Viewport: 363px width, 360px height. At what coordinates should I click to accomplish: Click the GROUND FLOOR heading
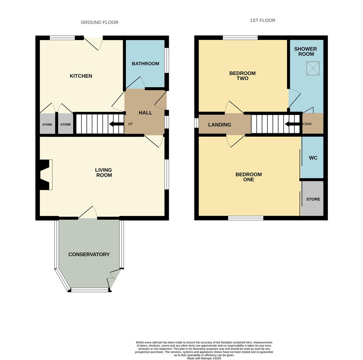click(x=100, y=22)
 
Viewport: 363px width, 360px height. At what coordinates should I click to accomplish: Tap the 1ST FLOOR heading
click(x=262, y=20)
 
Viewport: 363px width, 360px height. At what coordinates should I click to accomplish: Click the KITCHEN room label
click(x=81, y=76)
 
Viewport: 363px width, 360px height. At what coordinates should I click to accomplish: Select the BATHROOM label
click(x=145, y=64)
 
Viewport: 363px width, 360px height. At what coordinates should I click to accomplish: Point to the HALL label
click(x=145, y=113)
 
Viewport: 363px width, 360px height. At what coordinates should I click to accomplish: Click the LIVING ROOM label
click(x=104, y=173)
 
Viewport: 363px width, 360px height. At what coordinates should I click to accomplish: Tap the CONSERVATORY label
click(x=89, y=254)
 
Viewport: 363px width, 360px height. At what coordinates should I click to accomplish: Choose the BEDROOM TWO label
click(x=242, y=76)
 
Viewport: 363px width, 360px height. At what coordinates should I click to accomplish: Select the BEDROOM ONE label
click(x=248, y=177)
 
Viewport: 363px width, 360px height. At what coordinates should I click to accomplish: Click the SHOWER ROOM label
click(x=306, y=51)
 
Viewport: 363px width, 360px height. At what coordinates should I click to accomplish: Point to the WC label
click(x=313, y=158)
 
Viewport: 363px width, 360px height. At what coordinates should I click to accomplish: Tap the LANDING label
click(x=219, y=125)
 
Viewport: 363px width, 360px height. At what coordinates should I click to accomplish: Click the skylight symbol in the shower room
click(x=313, y=68)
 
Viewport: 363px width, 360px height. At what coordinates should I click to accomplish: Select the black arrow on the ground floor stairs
click(x=116, y=124)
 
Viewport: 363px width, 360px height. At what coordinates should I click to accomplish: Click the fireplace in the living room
click(x=46, y=175)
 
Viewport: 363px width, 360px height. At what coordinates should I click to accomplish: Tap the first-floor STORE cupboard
click(x=313, y=199)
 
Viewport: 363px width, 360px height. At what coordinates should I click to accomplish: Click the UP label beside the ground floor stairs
click(x=130, y=124)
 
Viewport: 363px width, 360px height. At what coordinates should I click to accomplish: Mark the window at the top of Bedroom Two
click(x=240, y=38)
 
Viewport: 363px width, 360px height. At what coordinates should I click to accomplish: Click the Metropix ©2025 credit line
click(x=204, y=358)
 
